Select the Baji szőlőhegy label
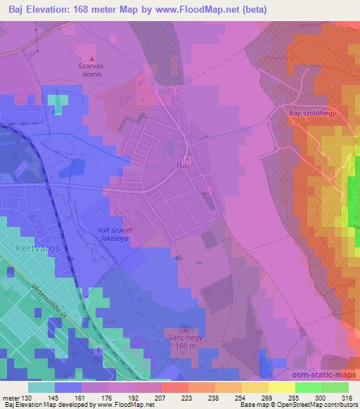click(x=313, y=112)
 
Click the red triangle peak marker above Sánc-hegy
click(x=185, y=330)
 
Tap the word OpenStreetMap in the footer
click(x=295, y=405)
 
